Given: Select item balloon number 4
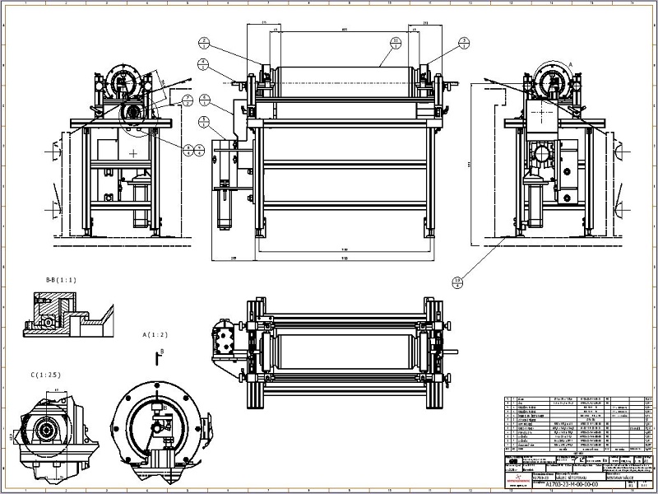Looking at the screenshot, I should pos(202,63).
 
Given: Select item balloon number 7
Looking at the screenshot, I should pos(188,100).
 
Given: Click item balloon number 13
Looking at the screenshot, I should pos(457,282).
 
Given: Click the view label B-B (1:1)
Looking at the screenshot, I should pos(61,280).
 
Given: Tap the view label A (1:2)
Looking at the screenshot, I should pos(155,335).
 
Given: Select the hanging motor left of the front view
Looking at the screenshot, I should pos(221,206).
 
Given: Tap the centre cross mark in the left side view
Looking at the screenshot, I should pos(132,152).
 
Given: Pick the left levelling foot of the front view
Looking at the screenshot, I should pos(260,234).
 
